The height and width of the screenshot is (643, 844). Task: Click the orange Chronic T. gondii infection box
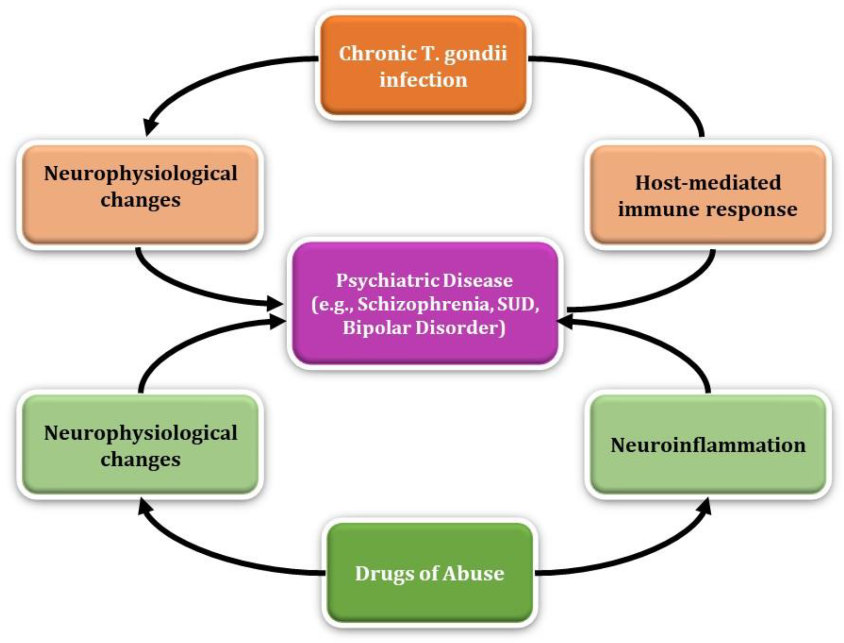pyautogui.click(x=423, y=65)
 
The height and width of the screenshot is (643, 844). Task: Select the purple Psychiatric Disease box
pyautogui.click(x=425, y=303)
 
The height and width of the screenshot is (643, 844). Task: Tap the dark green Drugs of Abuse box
pyautogui.click(x=430, y=573)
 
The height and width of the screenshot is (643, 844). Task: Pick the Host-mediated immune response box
pyautogui.click(x=708, y=195)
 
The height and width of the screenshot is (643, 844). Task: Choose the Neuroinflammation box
pyautogui.click(x=708, y=445)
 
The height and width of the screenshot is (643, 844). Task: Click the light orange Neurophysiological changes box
pyautogui.click(x=140, y=195)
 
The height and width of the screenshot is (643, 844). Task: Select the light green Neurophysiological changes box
pyautogui.click(x=140, y=445)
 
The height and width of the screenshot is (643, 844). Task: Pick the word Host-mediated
pyautogui.click(x=708, y=182)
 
